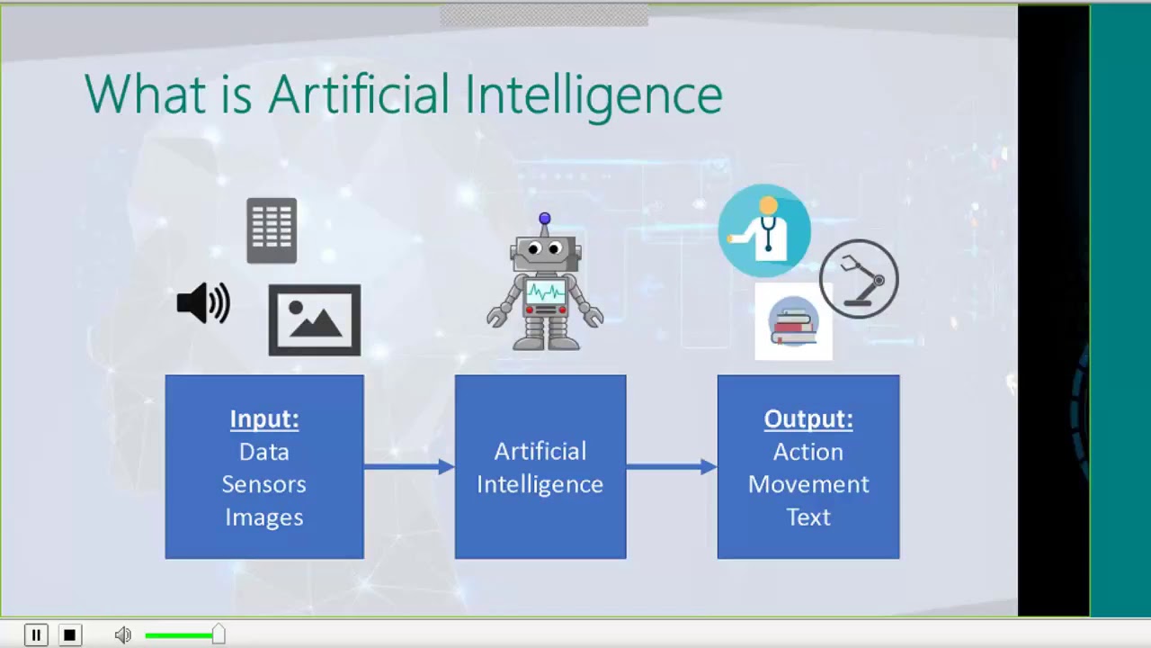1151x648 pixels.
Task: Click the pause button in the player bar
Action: coord(36,635)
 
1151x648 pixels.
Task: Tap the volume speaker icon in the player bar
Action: coord(123,635)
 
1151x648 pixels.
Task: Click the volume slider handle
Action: coord(219,635)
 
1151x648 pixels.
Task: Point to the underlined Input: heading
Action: coord(264,419)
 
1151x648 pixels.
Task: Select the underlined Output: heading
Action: coord(808,419)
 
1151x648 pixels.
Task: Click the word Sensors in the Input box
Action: coord(264,484)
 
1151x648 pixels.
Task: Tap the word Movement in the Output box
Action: coord(808,484)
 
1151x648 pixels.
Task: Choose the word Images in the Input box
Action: coord(264,517)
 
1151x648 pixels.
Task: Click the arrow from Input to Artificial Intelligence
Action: coord(409,466)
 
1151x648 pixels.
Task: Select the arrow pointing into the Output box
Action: coord(672,466)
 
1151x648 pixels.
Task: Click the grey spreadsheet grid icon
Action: coord(272,230)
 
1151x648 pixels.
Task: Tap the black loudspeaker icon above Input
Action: coord(203,303)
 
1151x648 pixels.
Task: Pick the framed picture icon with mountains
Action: coord(315,319)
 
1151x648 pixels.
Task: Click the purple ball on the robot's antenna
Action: coord(545,219)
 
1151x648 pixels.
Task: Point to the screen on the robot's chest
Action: coord(545,292)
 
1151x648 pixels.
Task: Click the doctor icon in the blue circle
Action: coord(764,230)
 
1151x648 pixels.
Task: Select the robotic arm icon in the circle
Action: coord(859,279)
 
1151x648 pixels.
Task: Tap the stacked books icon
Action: coord(793,322)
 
